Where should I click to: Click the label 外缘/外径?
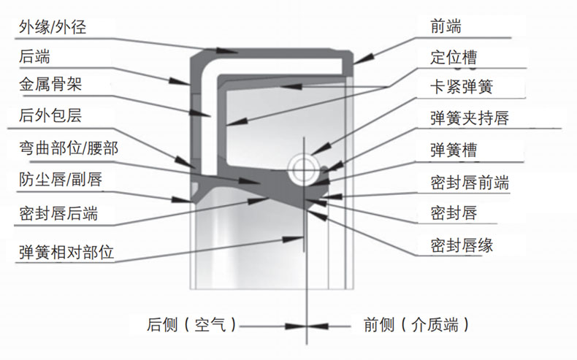click(x=53, y=27)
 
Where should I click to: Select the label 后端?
click(x=34, y=57)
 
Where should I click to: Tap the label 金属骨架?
click(x=50, y=84)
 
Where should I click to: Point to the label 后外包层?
click(x=50, y=115)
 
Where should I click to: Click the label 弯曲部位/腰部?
click(x=69, y=148)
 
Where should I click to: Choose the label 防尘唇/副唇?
click(x=61, y=180)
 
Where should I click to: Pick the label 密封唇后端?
click(x=58, y=214)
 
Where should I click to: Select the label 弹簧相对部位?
click(x=66, y=252)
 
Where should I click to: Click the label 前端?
click(x=446, y=26)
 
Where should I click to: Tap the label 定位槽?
click(x=454, y=58)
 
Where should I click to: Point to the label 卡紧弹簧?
click(x=462, y=87)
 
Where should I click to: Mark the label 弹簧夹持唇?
click(x=470, y=118)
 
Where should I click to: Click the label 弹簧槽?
click(x=454, y=150)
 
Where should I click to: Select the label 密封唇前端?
click(x=470, y=183)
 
